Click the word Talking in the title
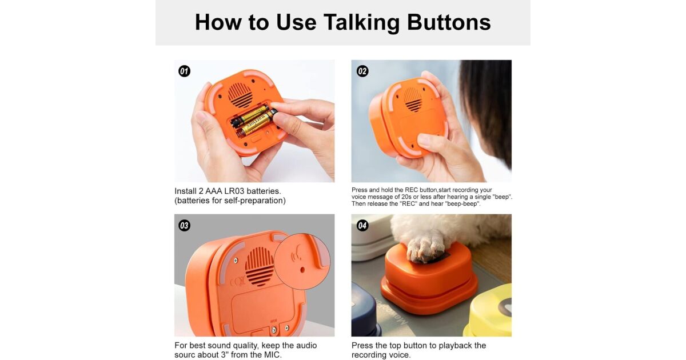tap(362, 23)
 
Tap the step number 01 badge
tap(184, 71)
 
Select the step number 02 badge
tap(362, 71)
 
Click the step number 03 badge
tap(184, 226)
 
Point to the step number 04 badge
tap(362, 226)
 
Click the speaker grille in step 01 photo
tap(241, 95)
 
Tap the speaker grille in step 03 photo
tap(259, 266)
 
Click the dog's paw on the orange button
tap(425, 248)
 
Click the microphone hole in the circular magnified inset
tap(302, 270)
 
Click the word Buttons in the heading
tap(449, 23)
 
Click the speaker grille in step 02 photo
tap(413, 99)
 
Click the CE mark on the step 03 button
tap(237, 281)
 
